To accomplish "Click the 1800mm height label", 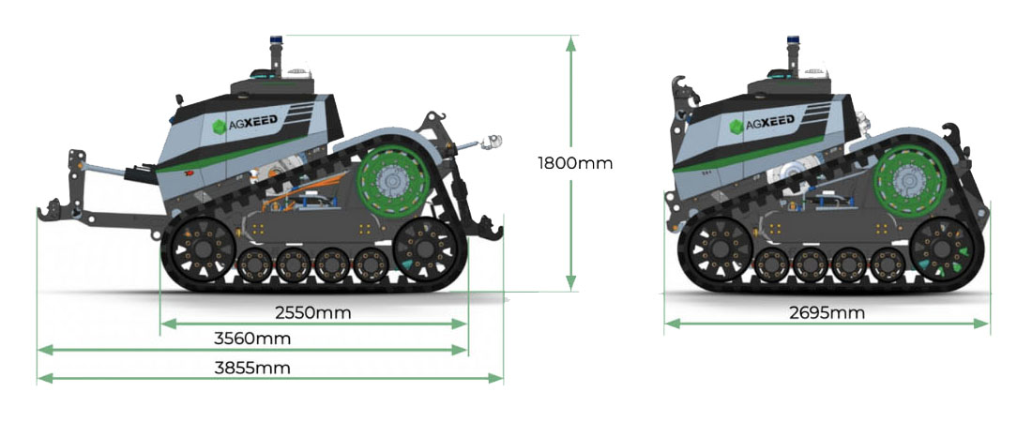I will coord(574,162).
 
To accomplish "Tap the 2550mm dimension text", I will coord(313,312).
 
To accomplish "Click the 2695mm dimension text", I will coord(827,312).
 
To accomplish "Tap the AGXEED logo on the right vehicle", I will coord(763,124).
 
